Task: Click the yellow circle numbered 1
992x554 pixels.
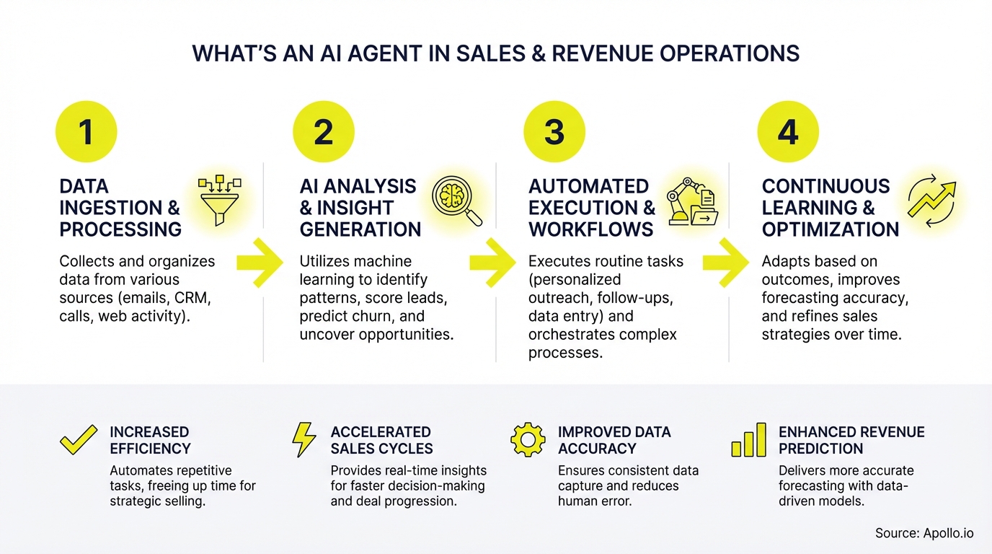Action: [87, 132]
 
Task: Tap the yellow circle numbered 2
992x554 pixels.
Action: [324, 132]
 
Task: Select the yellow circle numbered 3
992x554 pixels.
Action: [554, 132]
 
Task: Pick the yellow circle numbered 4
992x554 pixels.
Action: [788, 132]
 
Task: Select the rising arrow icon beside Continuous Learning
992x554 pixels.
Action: [931, 199]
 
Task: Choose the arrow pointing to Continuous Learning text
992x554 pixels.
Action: [726, 263]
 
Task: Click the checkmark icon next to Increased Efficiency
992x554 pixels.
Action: [78, 440]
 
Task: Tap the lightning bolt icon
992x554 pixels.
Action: [304, 440]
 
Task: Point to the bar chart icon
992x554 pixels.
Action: [748, 440]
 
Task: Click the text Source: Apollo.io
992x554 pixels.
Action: [924, 533]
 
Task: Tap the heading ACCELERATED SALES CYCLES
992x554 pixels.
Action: [381, 440]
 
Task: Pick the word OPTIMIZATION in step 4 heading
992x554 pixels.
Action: [831, 229]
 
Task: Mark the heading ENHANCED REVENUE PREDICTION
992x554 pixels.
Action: [851, 440]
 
